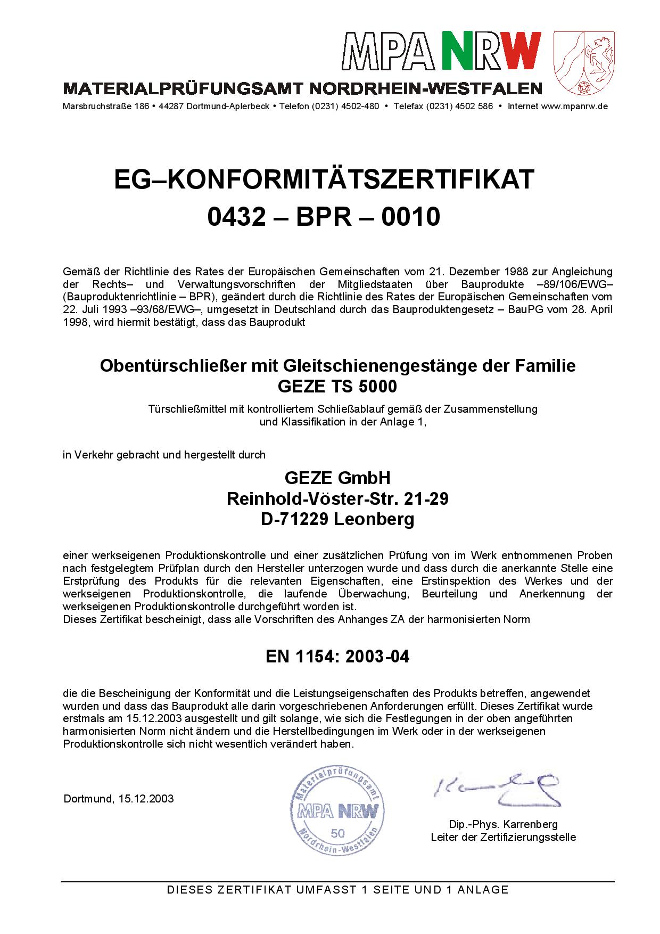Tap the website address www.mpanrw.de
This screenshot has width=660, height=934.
coord(574,106)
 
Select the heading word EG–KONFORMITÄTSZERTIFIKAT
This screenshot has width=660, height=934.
coord(324,179)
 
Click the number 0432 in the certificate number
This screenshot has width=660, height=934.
coord(236,217)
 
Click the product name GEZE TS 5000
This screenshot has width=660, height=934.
coord(337,386)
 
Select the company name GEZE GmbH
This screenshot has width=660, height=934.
coord(337,477)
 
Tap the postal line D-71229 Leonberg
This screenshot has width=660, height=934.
coord(337,519)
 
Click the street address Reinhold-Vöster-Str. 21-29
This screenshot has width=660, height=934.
coord(337,498)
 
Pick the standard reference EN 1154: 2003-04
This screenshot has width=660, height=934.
coord(337,657)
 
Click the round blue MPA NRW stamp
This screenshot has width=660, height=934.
coord(337,811)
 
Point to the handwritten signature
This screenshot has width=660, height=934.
coord(498,788)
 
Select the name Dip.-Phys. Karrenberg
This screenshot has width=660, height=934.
coord(503,824)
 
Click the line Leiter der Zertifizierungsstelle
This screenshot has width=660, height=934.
coord(503,837)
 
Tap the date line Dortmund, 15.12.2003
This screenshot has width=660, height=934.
coord(118,799)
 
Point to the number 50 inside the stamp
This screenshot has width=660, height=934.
coord(337,833)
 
